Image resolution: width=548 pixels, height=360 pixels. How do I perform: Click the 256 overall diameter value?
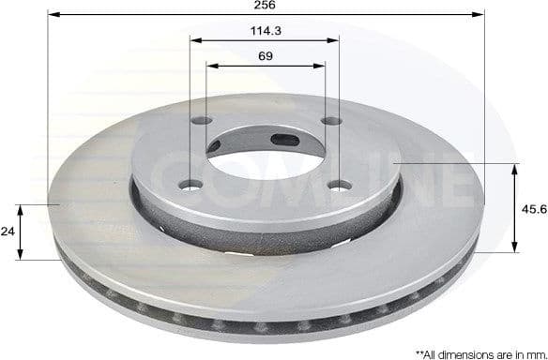[x=265, y=6]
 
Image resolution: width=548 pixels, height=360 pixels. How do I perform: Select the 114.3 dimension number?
[x=265, y=31]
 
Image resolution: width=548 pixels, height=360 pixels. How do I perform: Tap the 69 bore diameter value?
[x=265, y=56]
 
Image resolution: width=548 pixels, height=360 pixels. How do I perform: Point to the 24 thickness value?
[x=8, y=231]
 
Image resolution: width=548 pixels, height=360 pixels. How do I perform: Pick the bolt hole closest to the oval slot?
[x=329, y=121]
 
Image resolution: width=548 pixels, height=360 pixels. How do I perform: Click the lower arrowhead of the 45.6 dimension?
[x=514, y=247]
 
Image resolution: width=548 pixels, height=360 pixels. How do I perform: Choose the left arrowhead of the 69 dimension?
[x=209, y=67]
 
